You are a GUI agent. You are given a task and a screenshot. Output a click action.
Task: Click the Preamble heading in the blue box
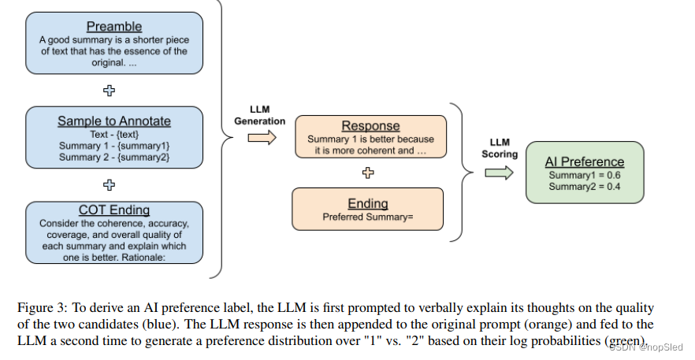[114, 27]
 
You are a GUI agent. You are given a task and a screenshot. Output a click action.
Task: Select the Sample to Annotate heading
[113, 121]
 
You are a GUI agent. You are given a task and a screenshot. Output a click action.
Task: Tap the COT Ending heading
[113, 210]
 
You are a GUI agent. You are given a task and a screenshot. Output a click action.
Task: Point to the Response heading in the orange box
[370, 126]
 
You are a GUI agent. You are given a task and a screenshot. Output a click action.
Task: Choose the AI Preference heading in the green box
[585, 161]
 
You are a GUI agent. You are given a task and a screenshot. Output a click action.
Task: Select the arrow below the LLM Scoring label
[499, 173]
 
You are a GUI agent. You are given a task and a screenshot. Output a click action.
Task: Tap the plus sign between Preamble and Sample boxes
[110, 90]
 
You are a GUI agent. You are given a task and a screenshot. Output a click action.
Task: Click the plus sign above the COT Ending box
[110, 184]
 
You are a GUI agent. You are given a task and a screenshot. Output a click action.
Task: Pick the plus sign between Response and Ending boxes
[368, 171]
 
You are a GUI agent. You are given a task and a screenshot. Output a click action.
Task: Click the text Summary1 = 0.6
[585, 175]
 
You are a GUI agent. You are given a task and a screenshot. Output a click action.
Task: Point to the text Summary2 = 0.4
[585, 187]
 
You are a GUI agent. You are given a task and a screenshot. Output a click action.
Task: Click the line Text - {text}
[113, 134]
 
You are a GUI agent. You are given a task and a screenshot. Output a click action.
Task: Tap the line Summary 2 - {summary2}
[113, 157]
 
